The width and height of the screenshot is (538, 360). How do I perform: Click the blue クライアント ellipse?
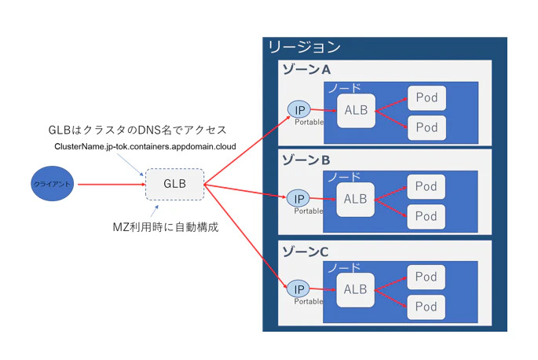pos(53,184)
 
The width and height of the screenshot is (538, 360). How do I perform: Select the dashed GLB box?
pos(174,184)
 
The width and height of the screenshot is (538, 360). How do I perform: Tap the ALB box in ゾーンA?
pos(355,111)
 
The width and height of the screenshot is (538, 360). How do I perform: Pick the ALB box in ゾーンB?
pos(355,200)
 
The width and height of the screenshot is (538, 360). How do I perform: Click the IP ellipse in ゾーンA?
pos(299,109)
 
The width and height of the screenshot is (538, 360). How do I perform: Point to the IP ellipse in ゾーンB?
pos(298,199)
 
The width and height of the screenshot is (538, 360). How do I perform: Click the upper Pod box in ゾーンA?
pos(426,98)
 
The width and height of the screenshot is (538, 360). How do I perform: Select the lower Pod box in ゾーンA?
pos(426,127)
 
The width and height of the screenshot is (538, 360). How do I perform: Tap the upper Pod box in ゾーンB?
pos(426,187)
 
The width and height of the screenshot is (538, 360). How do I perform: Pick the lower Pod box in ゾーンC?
pos(426,306)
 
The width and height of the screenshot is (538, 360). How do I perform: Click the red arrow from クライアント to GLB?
pos(110,185)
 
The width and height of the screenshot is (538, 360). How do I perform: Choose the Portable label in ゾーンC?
pos(308,301)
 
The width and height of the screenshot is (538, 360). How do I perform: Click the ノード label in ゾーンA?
pos(344,87)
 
